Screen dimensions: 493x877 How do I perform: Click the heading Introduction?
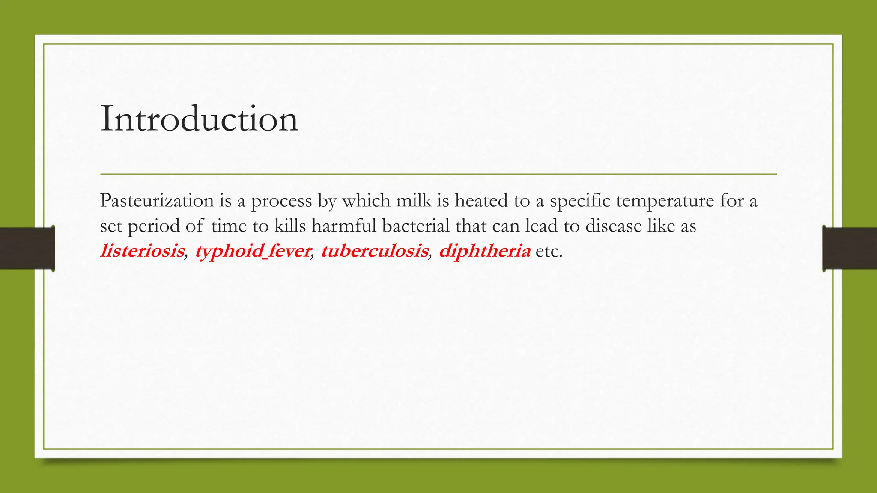tap(199, 119)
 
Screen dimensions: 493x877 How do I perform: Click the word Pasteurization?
tap(157, 200)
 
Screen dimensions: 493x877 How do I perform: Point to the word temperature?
tap(665, 200)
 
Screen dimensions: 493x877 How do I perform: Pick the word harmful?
tap(344, 226)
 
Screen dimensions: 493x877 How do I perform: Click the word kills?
tap(290, 226)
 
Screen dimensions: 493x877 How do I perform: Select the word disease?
tap(613, 226)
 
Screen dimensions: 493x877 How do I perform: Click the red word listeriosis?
tap(142, 251)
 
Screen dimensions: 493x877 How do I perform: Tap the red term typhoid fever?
tap(253, 251)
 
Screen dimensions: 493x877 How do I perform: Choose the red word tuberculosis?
tap(374, 251)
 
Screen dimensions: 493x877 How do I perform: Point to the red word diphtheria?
tap(484, 251)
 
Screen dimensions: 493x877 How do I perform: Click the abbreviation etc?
tap(548, 251)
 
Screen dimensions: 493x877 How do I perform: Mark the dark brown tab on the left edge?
tap(27, 248)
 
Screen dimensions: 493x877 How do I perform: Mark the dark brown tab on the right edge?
tap(850, 248)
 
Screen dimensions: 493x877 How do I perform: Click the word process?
tap(281, 200)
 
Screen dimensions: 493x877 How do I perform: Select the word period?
tap(154, 226)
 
